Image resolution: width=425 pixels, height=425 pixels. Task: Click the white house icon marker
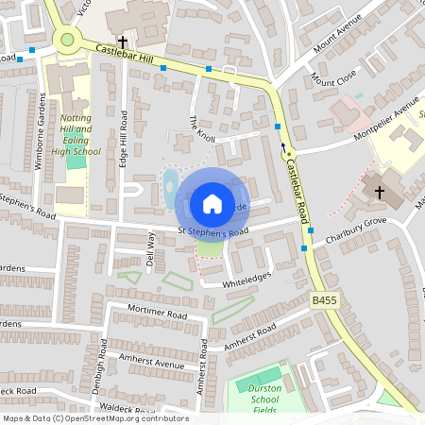[x=212, y=203]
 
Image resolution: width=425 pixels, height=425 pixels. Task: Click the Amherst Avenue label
[x=151, y=364]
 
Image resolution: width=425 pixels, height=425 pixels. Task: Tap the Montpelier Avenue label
[x=394, y=117]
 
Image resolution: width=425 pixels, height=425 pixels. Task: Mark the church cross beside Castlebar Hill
[x=122, y=42]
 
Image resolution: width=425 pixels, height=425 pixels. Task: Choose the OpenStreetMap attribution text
[x=94, y=418]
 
